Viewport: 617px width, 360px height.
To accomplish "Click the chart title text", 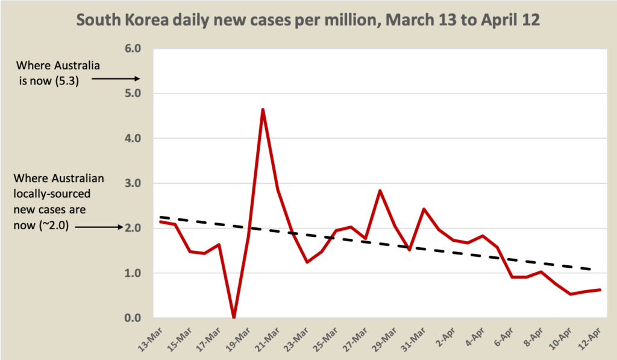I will click(x=308, y=20).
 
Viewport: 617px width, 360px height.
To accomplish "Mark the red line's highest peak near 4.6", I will click(x=263, y=109).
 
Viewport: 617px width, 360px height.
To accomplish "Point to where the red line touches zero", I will click(x=233, y=317).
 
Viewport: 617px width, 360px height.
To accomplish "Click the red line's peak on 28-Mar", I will click(x=380, y=191).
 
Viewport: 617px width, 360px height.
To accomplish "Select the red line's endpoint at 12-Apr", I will click(x=600, y=289).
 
